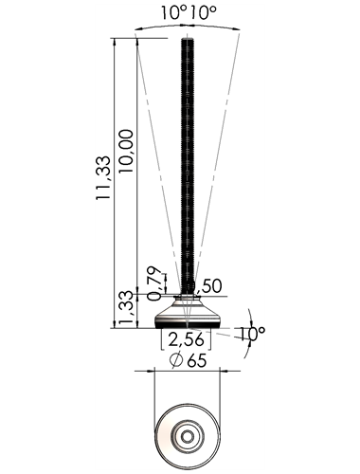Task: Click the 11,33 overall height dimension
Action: (x=103, y=177)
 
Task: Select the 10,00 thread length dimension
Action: (x=126, y=151)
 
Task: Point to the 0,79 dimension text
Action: (x=155, y=283)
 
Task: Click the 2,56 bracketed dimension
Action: (x=186, y=339)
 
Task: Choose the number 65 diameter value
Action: (x=197, y=360)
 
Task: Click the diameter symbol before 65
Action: (x=176, y=360)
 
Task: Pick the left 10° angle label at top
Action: (x=174, y=13)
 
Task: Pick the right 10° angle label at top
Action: (x=204, y=13)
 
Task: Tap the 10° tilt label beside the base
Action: (x=251, y=334)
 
